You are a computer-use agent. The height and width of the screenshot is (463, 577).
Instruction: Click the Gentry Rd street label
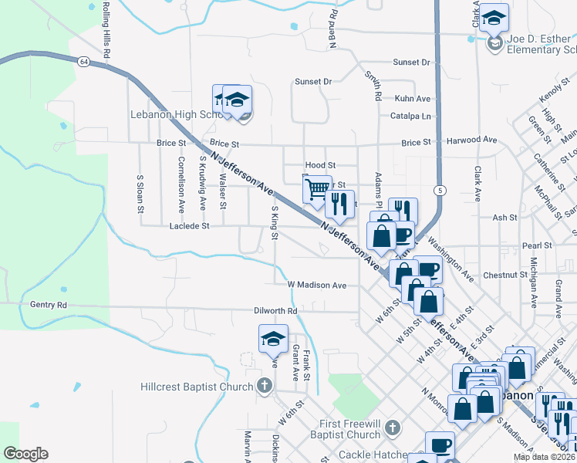[x=49, y=306]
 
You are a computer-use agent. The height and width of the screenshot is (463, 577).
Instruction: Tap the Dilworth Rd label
[x=275, y=311]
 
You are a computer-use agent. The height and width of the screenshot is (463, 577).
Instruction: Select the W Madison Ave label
[x=317, y=285]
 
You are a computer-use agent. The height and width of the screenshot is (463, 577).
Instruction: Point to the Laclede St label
[x=190, y=227]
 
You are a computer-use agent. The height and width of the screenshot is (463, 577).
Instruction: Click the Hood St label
[x=320, y=165]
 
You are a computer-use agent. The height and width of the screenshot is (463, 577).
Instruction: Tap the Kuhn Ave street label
[x=412, y=100]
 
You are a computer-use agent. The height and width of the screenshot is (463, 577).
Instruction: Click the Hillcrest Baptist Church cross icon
[x=264, y=384]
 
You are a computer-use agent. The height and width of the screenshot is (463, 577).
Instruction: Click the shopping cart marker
[x=317, y=190]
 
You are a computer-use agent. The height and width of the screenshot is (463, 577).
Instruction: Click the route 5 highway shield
[x=439, y=190]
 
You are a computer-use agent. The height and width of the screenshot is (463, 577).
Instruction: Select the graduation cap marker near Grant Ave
[x=273, y=340]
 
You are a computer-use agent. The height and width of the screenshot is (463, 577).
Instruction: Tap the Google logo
[x=25, y=454]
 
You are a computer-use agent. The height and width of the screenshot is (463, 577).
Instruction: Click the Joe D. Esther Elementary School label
[x=540, y=46]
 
